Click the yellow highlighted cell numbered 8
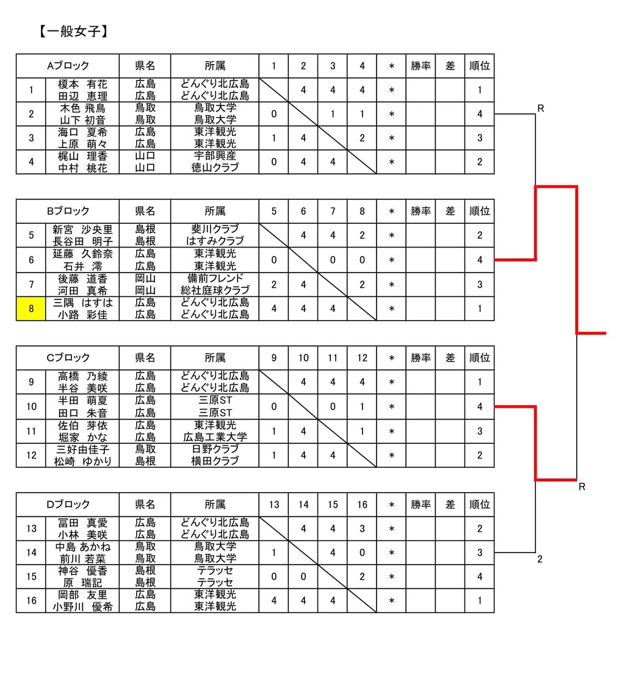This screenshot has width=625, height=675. coord(31,309)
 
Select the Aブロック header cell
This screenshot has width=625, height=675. coord(68,66)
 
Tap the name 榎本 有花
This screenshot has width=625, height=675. coord(82,84)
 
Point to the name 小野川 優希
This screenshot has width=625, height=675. coord(82,607)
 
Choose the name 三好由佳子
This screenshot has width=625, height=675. coord(82,449)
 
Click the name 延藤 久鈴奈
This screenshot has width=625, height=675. coord(82,254)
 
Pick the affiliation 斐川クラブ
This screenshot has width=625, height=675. coord(215,229)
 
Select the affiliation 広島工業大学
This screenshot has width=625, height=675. coord(215,437)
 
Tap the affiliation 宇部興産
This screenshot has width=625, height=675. coord(215,156)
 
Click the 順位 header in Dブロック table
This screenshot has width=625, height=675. coord(479,504)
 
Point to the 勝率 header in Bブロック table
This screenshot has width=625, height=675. coord(421,212)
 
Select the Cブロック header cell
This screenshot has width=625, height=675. coord(68,358)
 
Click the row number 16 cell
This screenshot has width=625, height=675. coord(31,601)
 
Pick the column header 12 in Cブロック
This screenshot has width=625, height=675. coord(362,358)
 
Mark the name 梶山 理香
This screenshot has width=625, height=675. coord(82,156)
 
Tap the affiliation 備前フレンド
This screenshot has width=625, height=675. coord(215,278)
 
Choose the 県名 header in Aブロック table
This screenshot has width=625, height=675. coord(145,66)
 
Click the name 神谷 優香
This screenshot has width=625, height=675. coord(82,571)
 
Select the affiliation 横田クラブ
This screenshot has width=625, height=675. coord(215,462)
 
